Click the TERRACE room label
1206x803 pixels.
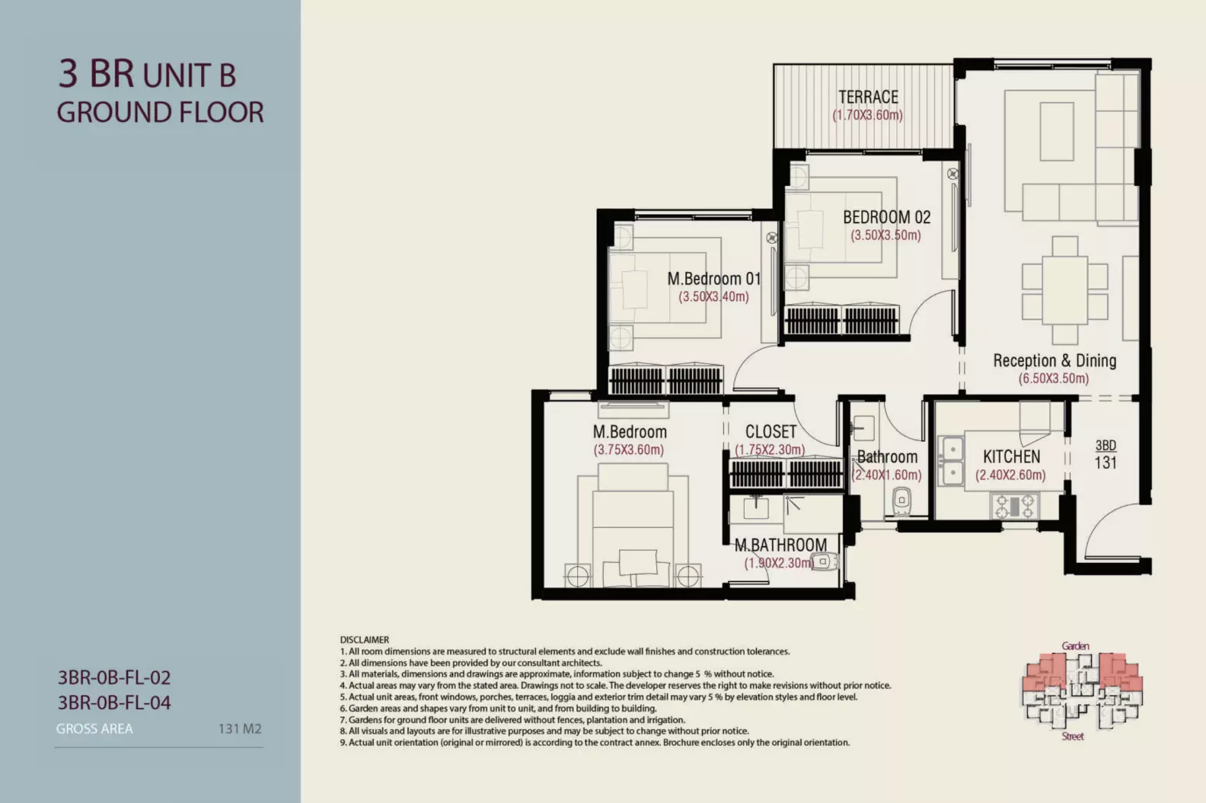pyautogui.click(x=868, y=97)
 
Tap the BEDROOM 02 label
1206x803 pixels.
pyautogui.click(x=886, y=217)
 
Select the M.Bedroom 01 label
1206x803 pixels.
pyautogui.click(x=714, y=278)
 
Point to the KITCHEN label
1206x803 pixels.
pyautogui.click(x=1012, y=456)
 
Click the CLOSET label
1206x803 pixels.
pyautogui.click(x=770, y=431)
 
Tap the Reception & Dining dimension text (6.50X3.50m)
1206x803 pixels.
pyautogui.click(x=1053, y=379)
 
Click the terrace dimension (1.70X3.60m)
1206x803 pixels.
pyautogui.click(x=867, y=115)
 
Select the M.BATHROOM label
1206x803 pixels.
pyautogui.click(x=780, y=545)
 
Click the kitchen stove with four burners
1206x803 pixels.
pyautogui.click(x=1014, y=506)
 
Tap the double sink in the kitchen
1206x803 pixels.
pyautogui.click(x=951, y=460)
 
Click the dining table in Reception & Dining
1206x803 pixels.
pyautogui.click(x=1064, y=290)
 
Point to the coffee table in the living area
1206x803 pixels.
pyautogui.click(x=1056, y=131)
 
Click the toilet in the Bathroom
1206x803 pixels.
pyautogui.click(x=901, y=501)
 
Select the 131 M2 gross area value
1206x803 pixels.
pyautogui.click(x=240, y=728)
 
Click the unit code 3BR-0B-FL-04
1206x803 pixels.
pyautogui.click(x=114, y=702)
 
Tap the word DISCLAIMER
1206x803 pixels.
pyautogui.click(x=365, y=640)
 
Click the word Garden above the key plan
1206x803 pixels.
pyautogui.click(x=1075, y=646)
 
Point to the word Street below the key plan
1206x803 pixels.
pyautogui.click(x=1073, y=736)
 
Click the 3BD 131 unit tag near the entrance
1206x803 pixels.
pyautogui.click(x=1105, y=454)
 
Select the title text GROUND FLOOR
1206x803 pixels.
pyautogui.click(x=161, y=113)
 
